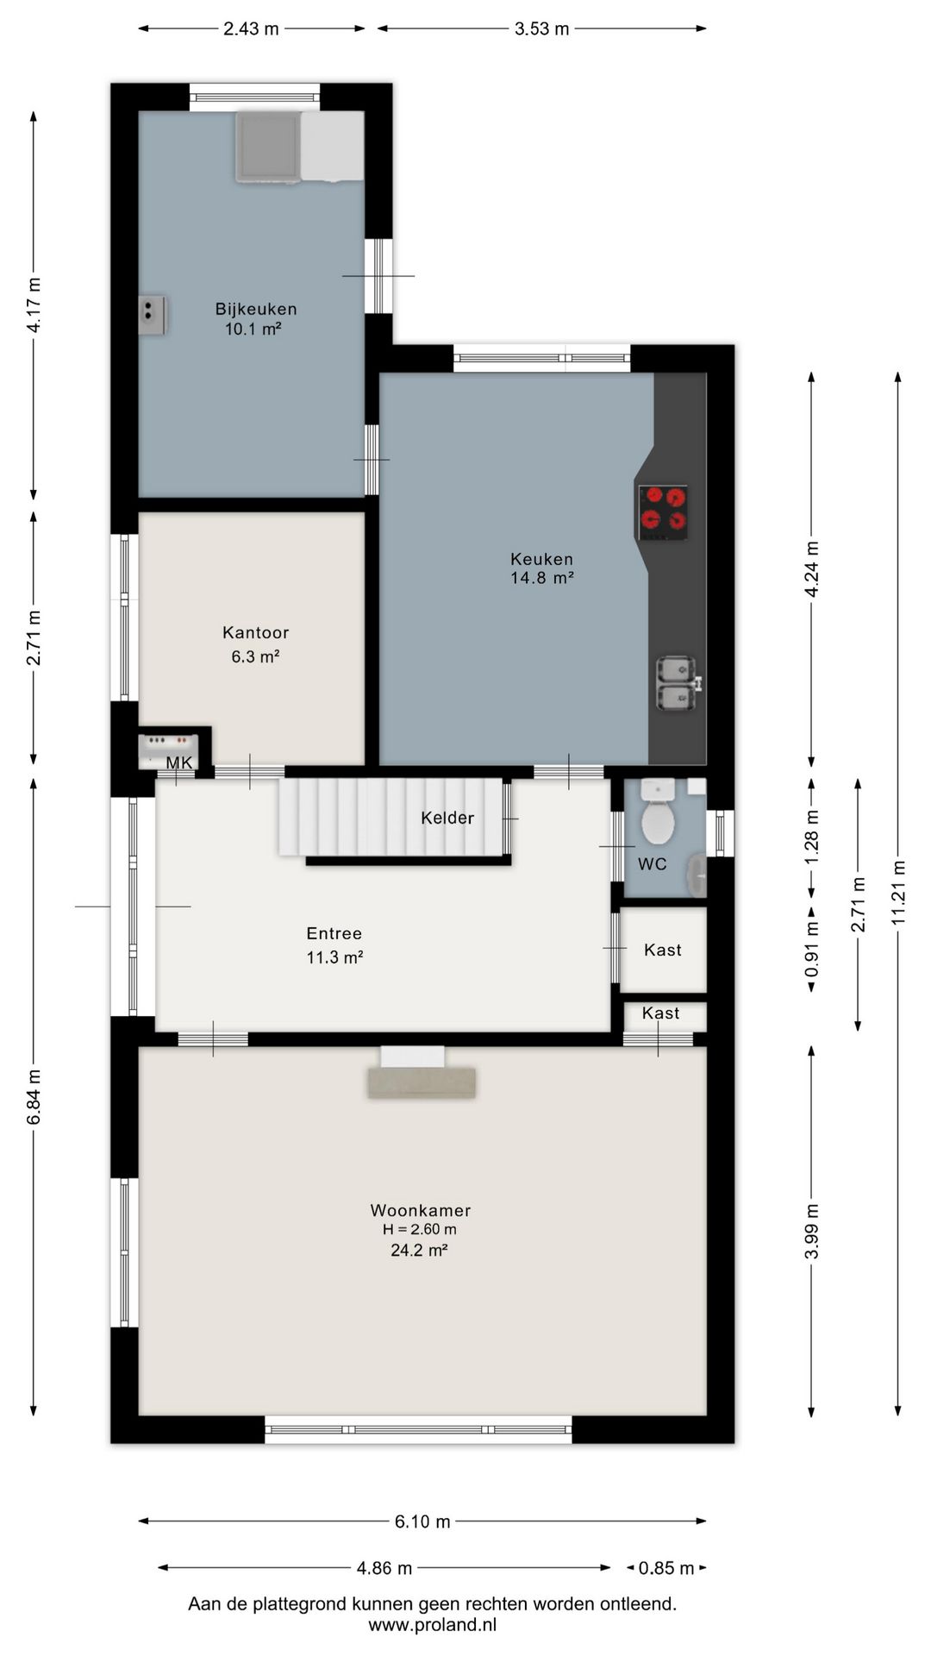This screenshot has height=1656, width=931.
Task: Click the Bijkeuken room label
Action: point(256,309)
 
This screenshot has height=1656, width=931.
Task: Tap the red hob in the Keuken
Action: point(663,512)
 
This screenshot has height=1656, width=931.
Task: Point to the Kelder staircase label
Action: point(447,818)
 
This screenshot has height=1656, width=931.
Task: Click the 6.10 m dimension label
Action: point(422,1521)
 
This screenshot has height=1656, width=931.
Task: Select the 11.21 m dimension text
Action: point(898,893)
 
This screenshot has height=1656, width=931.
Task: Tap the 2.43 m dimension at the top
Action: point(251,28)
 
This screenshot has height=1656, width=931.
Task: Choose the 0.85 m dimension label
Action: point(665,1568)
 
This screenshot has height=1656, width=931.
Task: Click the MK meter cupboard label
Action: point(179,762)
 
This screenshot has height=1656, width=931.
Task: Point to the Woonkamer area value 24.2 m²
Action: point(419,1250)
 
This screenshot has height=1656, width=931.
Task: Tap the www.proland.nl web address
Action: point(433,1625)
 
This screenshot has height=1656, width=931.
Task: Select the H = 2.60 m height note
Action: point(420,1230)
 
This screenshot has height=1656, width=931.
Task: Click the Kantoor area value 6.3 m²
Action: point(255,656)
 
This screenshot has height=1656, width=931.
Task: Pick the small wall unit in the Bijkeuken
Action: point(153,315)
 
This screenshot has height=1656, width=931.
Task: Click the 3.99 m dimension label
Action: point(811,1231)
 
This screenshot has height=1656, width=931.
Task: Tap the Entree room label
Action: point(334,933)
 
